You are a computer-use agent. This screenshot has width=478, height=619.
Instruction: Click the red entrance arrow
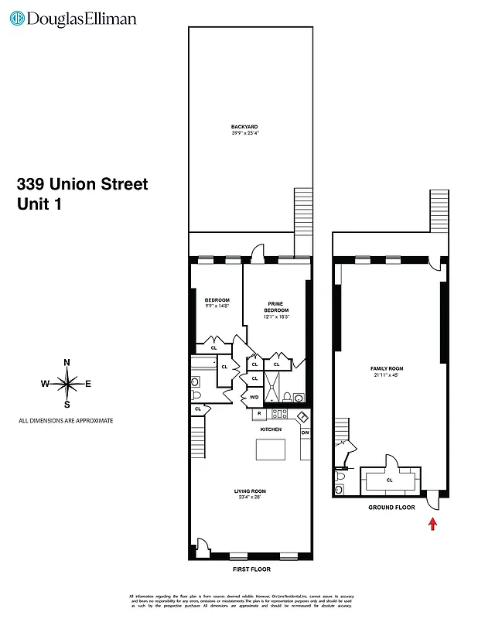(x=432, y=524)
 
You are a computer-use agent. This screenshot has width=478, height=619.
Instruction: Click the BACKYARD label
(x=244, y=126)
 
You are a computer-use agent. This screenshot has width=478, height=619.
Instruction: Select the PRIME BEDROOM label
(x=276, y=307)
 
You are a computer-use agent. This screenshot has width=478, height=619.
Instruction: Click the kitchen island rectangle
(x=271, y=449)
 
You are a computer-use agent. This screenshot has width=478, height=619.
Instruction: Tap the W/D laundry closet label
(x=254, y=398)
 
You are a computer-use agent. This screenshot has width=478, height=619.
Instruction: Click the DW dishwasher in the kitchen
(x=304, y=432)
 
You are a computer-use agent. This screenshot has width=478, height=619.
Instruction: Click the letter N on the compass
(x=67, y=362)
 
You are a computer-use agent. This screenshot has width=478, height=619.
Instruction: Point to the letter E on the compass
(x=88, y=384)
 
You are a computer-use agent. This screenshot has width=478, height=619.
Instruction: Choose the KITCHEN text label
(x=270, y=429)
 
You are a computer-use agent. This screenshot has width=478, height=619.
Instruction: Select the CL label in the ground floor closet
(x=389, y=480)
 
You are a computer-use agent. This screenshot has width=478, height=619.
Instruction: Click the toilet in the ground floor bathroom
(x=341, y=487)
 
